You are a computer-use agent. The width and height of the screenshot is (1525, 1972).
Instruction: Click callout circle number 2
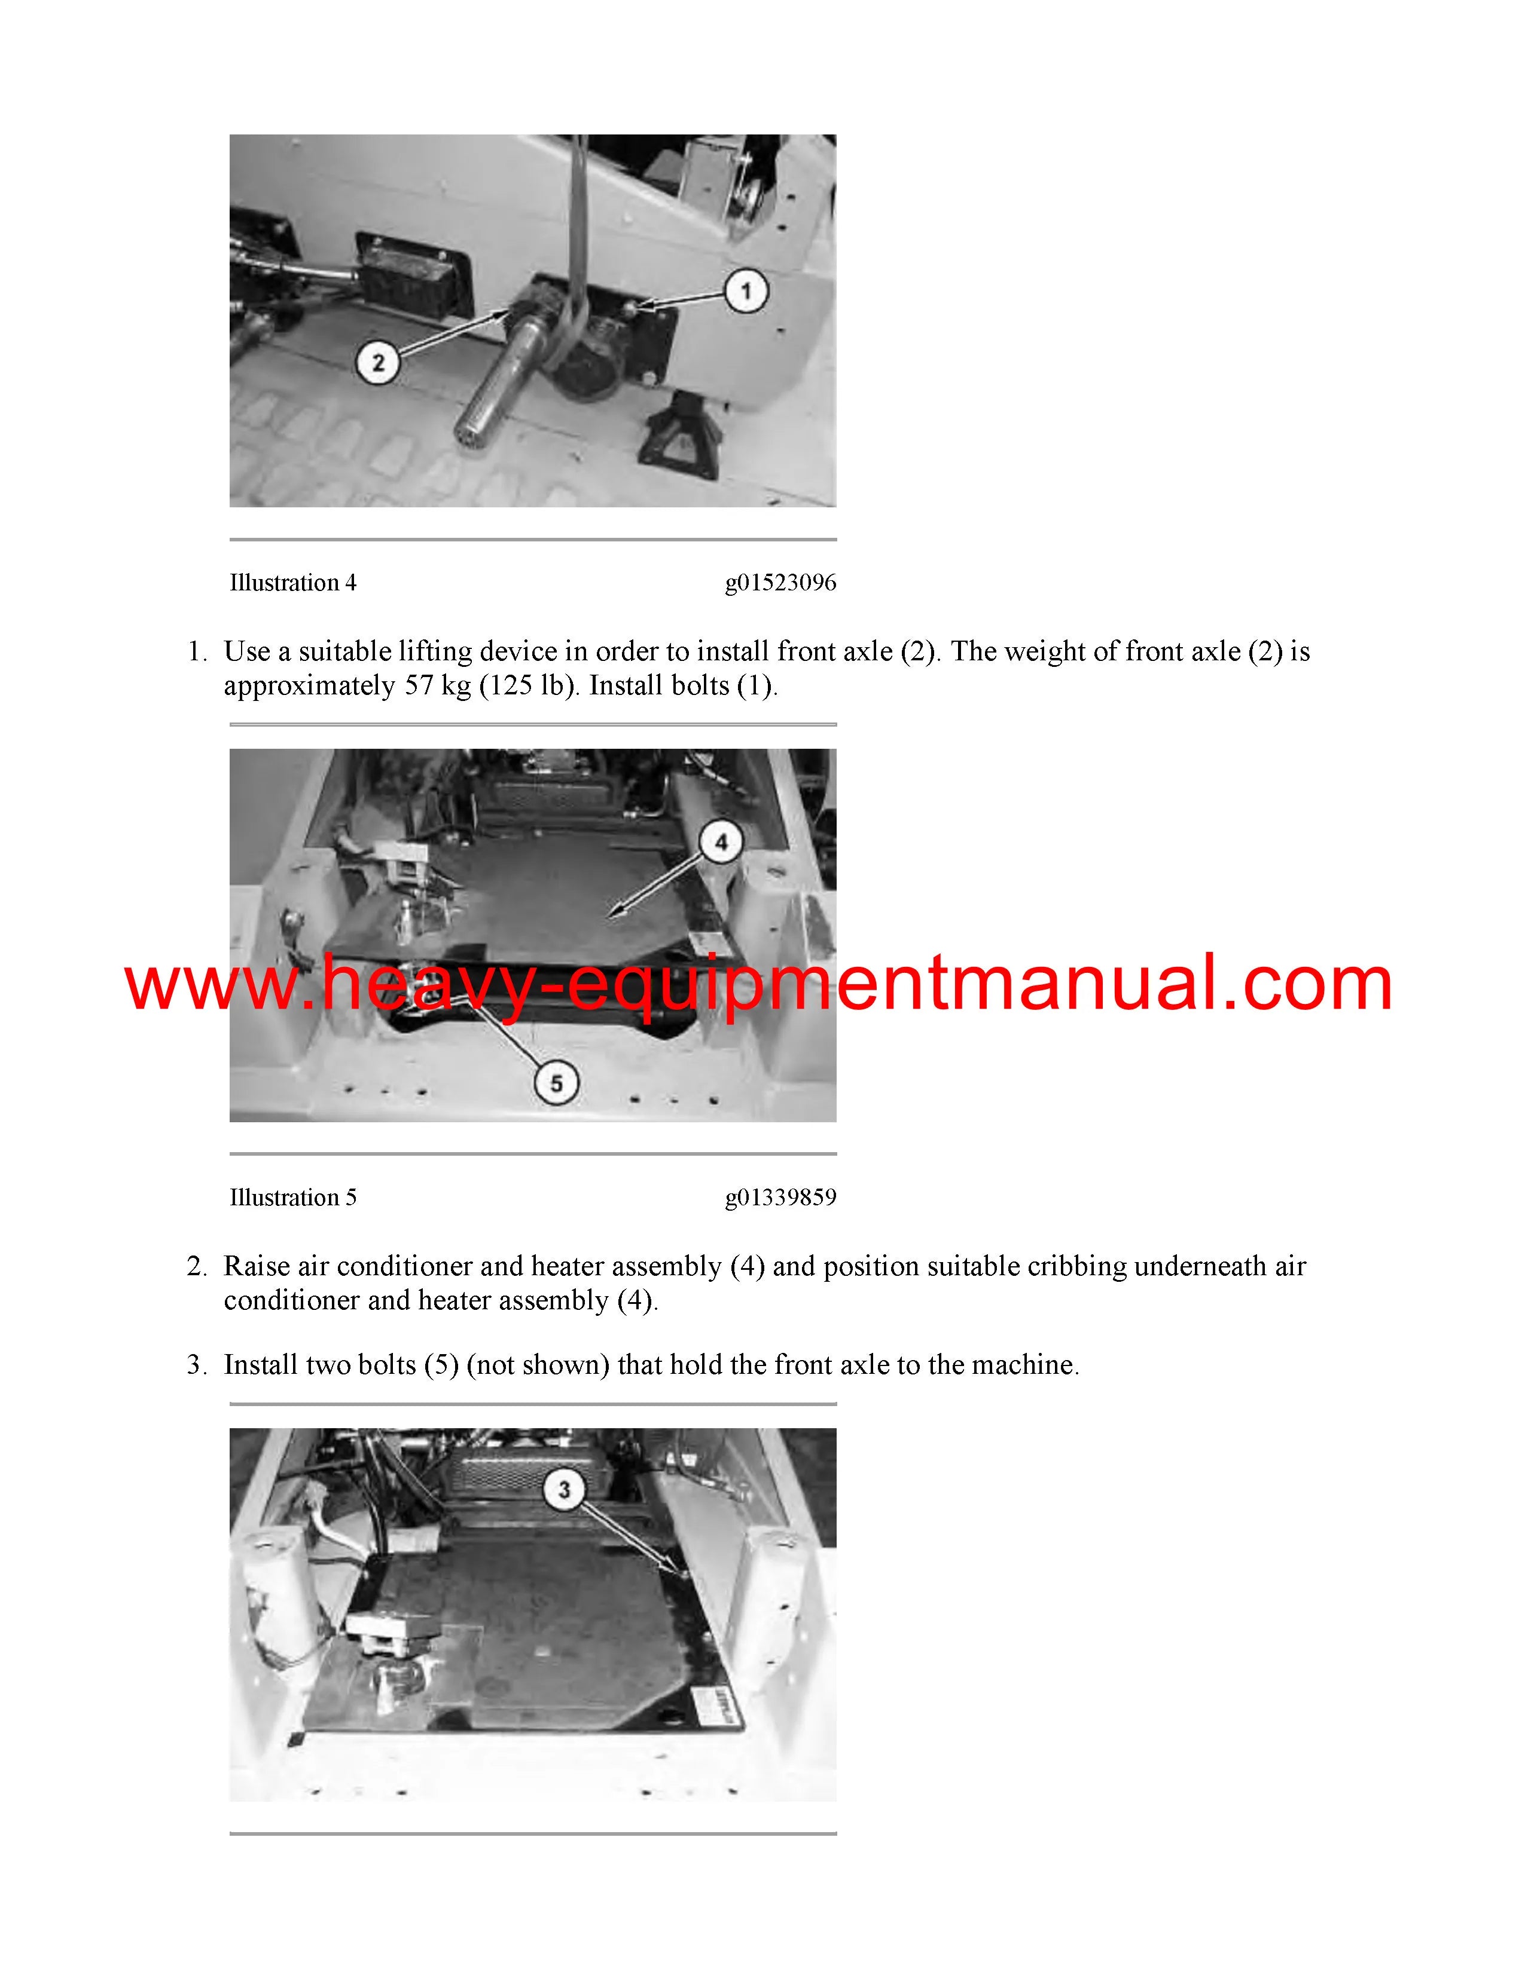tap(379, 363)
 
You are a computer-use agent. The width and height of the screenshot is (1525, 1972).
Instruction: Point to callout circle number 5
tap(557, 1083)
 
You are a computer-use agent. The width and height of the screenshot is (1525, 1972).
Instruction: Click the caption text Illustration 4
tap(292, 583)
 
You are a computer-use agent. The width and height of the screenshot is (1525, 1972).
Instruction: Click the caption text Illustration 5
tap(292, 1198)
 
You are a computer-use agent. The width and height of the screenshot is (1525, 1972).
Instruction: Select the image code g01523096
tap(780, 583)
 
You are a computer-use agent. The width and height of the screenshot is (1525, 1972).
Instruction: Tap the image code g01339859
tap(780, 1198)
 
